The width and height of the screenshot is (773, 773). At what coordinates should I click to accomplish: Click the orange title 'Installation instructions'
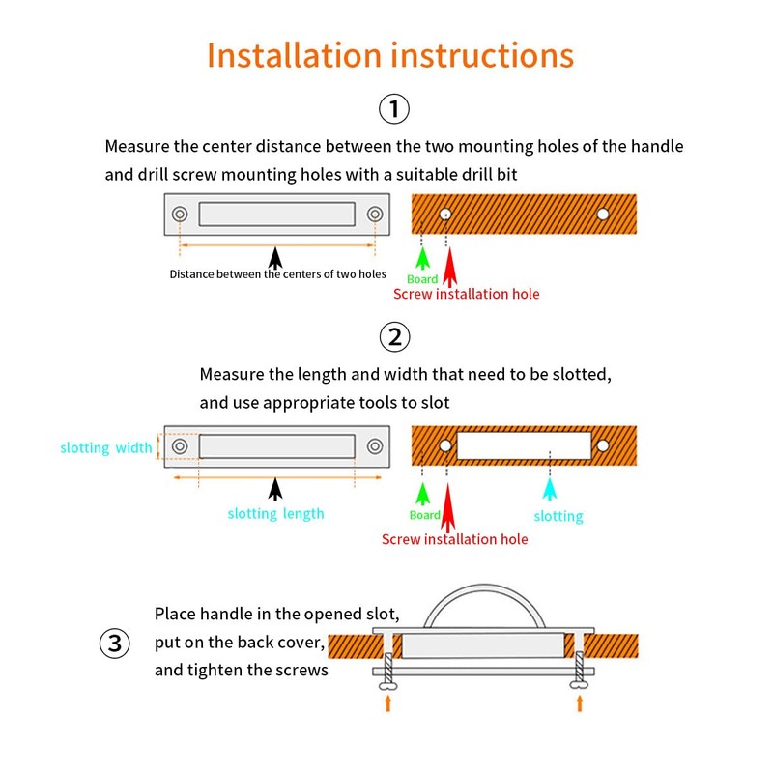(390, 55)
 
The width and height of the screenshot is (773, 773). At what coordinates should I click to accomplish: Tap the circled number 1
(394, 108)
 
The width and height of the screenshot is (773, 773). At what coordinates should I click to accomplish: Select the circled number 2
(394, 337)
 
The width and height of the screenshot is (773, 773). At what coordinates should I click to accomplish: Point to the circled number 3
(114, 644)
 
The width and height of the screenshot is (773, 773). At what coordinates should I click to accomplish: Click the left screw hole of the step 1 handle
(180, 214)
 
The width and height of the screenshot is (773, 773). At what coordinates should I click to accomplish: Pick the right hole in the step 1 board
(602, 214)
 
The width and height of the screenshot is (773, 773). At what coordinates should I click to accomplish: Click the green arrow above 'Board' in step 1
(422, 258)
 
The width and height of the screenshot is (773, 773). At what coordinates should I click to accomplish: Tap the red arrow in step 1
(449, 267)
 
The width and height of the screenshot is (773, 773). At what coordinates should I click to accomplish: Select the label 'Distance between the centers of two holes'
(277, 274)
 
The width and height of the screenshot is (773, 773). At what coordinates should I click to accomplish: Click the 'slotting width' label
(106, 447)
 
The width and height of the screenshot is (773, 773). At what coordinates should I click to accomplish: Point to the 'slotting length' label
(275, 514)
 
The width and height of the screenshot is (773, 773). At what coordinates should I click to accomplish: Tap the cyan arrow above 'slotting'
(550, 489)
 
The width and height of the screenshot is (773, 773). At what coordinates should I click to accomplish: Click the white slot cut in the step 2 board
(524, 445)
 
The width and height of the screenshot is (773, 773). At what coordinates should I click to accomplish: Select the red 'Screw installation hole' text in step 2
(454, 539)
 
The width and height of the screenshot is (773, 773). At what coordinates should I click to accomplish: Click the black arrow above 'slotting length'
(275, 489)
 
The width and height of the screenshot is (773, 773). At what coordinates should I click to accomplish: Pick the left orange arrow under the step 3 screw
(388, 703)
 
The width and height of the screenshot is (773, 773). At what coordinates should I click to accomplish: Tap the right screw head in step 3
(579, 685)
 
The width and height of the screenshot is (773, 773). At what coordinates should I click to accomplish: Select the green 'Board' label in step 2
(424, 515)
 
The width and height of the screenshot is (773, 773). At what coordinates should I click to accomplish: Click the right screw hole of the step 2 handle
(375, 446)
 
